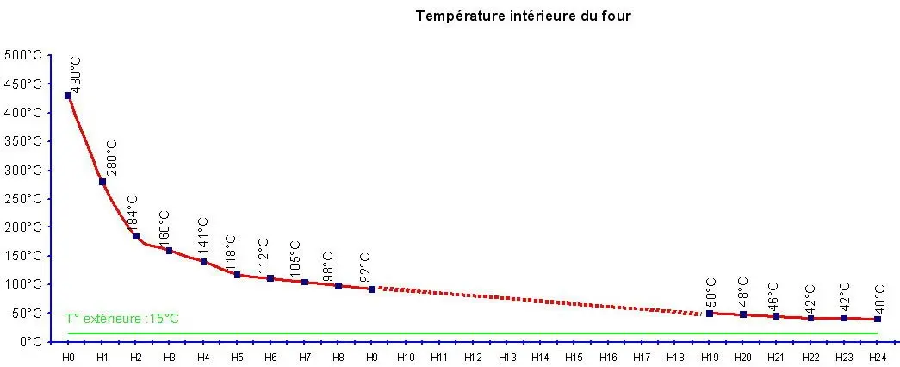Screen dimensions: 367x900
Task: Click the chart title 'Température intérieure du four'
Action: [524, 16]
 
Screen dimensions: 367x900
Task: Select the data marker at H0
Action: [68, 96]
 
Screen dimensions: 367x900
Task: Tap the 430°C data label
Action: [76, 75]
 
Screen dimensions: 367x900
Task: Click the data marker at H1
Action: [102, 182]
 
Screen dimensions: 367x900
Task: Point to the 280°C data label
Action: [111, 159]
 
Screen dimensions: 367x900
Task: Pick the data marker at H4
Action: [203, 262]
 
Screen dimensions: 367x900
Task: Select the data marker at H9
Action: [371, 289]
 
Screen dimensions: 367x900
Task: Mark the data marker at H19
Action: [710, 314]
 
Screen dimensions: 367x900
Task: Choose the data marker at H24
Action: [878, 320]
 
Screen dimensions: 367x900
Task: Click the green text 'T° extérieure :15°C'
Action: [122, 319]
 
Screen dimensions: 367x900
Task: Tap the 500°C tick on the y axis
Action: [24, 55]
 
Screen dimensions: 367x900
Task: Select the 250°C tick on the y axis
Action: [24, 198]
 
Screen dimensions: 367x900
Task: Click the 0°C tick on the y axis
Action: [30, 341]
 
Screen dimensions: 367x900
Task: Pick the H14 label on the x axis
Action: [540, 356]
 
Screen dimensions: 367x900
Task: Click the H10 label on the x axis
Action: [405, 356]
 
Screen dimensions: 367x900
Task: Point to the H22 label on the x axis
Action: [810, 356]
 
